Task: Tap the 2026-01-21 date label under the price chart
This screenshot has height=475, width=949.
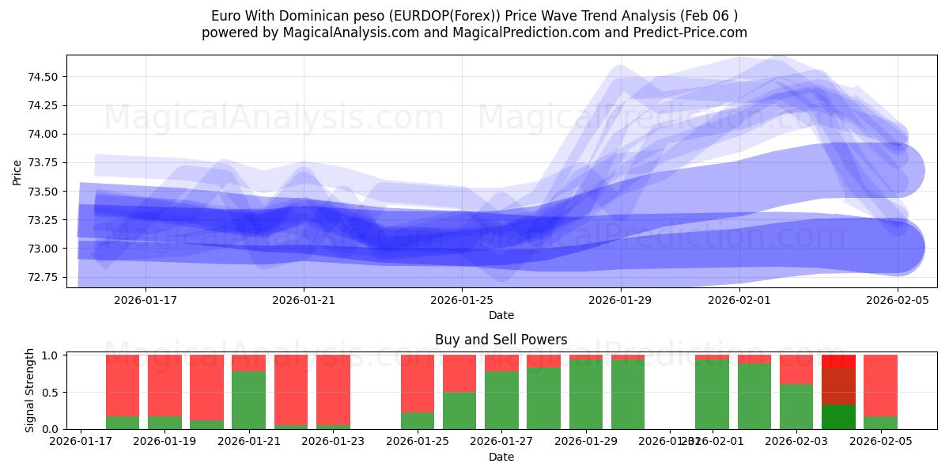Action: [x=304, y=300]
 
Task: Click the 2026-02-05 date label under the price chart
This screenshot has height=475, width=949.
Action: [x=897, y=300]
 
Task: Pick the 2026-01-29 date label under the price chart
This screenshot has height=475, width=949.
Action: [x=620, y=300]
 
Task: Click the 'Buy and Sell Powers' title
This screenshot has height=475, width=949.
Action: [x=501, y=340]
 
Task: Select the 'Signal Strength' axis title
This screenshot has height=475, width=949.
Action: [x=29, y=390]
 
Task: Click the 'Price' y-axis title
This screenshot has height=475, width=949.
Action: [x=17, y=172]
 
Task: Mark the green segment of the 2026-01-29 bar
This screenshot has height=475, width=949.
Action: [x=586, y=394]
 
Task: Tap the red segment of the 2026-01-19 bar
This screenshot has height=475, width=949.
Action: [x=164, y=385]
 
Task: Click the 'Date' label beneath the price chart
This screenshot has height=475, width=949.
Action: [x=501, y=315]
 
